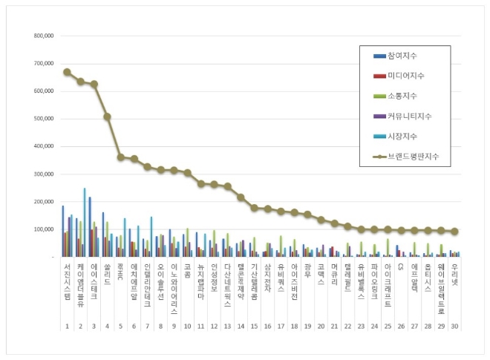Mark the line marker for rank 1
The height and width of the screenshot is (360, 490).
pos(67,72)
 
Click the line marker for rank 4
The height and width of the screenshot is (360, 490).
pos(107,117)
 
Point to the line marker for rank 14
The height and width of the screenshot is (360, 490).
pos(241,197)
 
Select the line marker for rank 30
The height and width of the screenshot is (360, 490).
pos(454,232)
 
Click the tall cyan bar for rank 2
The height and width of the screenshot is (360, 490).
pos(85,222)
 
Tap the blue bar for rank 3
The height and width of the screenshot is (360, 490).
pos(90,226)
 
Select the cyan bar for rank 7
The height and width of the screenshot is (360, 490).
pos(151,237)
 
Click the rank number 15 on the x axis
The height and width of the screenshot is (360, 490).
pos(254,326)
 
